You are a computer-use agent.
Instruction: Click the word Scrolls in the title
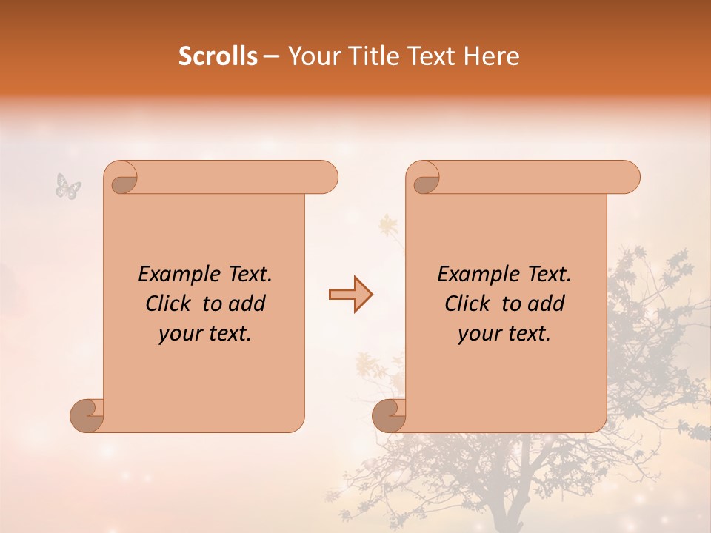pyautogui.click(x=218, y=56)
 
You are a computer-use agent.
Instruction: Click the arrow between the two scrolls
pyautogui.click(x=350, y=295)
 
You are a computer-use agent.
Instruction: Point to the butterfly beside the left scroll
pyautogui.click(x=67, y=185)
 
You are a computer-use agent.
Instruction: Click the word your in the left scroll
pyautogui.click(x=178, y=334)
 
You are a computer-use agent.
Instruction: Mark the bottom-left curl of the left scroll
pyautogui.click(x=87, y=415)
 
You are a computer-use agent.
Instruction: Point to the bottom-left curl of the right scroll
pyautogui.click(x=389, y=415)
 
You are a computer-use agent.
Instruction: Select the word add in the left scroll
pyautogui.click(x=248, y=304)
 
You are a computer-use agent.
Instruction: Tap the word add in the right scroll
pyautogui.click(x=547, y=304)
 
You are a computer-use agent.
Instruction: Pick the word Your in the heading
pyautogui.click(x=312, y=56)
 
